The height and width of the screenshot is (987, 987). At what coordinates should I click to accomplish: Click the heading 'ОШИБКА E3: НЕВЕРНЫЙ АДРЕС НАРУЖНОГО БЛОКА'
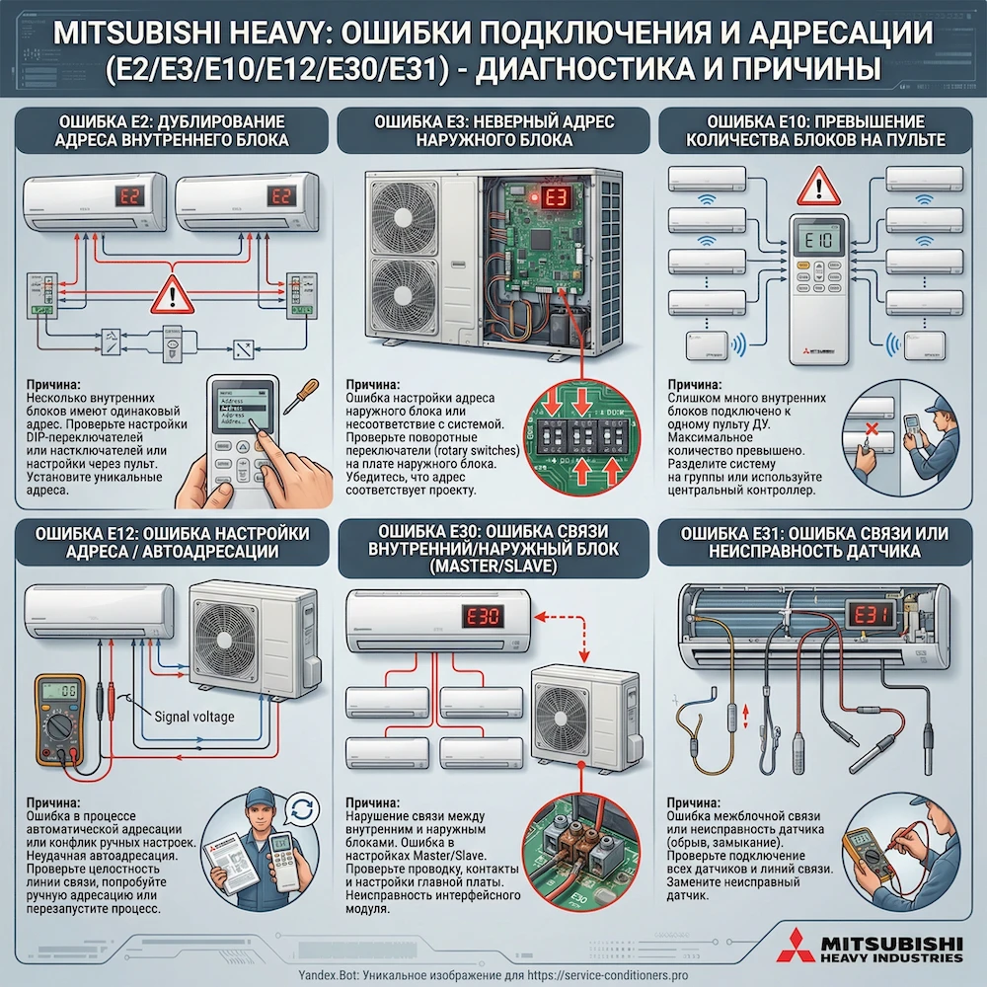[494, 130]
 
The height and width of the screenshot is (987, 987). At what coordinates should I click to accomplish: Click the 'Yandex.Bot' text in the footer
[330, 975]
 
